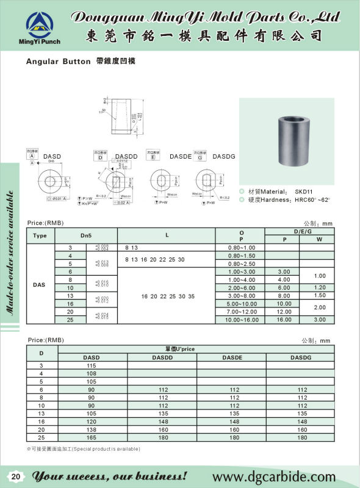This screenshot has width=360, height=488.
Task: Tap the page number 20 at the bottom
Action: coord(16,476)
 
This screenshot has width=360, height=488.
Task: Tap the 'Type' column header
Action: coord(40,235)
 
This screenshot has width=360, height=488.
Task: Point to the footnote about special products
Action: coord(84,450)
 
